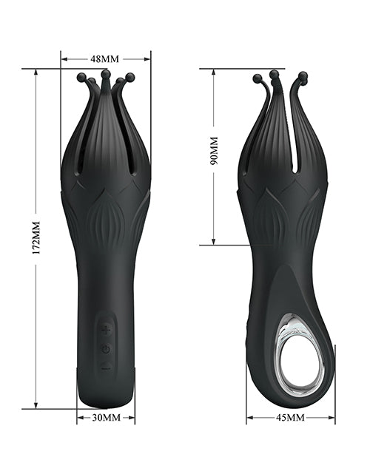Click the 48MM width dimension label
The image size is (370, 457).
104,59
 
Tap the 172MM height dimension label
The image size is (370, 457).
36,238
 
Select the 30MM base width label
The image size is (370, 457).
106,418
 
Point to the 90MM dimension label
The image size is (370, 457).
214,150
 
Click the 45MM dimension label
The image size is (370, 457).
290,418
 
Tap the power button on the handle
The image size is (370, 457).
106,348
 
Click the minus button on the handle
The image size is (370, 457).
106,366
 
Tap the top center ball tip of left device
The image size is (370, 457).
104,74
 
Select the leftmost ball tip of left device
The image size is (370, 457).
81,78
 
